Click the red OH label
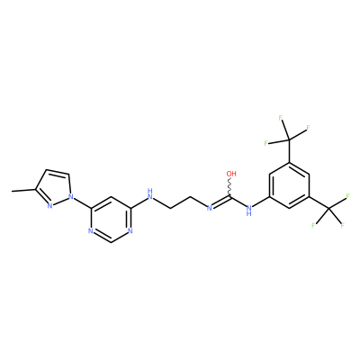[231, 174]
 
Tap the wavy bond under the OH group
[230, 187]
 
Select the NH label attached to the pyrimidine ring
[150, 194]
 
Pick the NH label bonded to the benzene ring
[248, 210]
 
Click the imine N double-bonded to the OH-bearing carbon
[210, 207]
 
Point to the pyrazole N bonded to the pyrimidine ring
[71, 196]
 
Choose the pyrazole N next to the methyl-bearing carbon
[49, 206]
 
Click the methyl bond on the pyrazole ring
[23, 190]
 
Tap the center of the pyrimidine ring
[111, 220]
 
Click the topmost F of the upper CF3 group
[281, 118]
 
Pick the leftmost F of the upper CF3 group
[265, 143]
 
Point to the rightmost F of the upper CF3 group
[308, 129]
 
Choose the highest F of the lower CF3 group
[348, 196]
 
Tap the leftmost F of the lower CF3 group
[313, 225]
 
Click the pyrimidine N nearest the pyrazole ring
[90, 231]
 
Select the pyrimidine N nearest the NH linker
[130, 231]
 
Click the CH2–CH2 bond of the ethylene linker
[180, 202]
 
